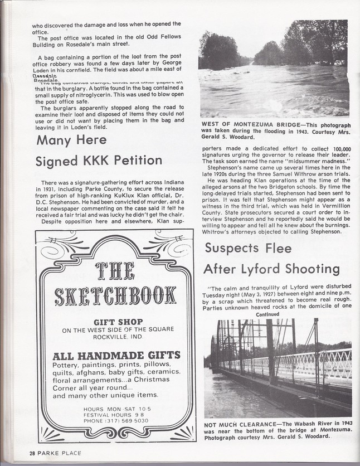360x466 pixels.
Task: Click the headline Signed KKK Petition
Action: (99, 162)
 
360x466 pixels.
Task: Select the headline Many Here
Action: (71, 140)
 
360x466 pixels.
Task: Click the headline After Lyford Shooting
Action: (271, 269)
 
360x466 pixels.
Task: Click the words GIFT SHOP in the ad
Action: (118, 322)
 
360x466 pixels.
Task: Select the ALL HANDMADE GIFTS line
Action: (116, 355)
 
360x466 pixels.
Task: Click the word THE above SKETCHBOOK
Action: (115, 270)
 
